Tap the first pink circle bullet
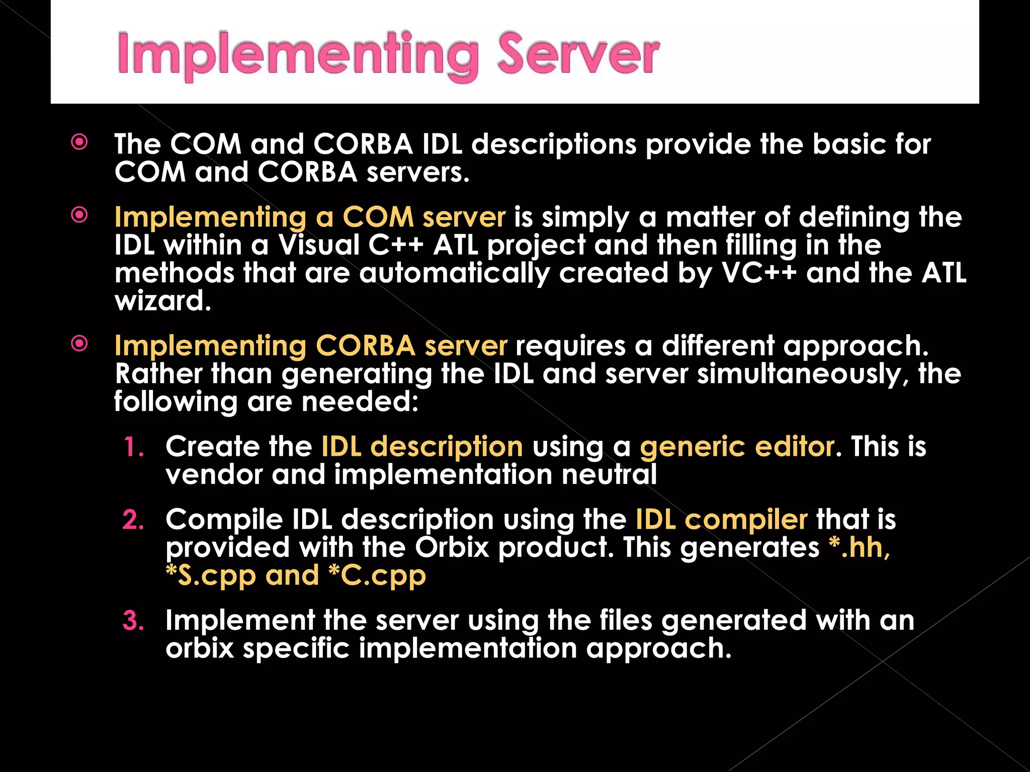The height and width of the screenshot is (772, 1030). [x=79, y=142]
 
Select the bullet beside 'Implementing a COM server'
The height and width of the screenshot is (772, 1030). [x=79, y=215]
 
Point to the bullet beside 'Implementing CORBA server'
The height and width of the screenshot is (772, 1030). [x=79, y=344]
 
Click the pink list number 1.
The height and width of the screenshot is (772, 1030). [x=134, y=447]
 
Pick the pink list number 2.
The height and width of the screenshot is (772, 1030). [x=133, y=520]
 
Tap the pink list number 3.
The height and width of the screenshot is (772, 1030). [x=133, y=621]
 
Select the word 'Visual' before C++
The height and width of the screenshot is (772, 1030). [x=319, y=245]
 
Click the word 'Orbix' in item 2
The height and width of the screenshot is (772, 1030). [x=452, y=547]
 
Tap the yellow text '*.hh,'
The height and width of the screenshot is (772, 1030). [x=859, y=547]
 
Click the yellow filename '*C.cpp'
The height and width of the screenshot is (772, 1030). [x=377, y=575]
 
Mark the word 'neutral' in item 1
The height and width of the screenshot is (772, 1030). [x=609, y=475]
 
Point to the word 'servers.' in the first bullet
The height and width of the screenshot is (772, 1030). [x=418, y=172]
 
